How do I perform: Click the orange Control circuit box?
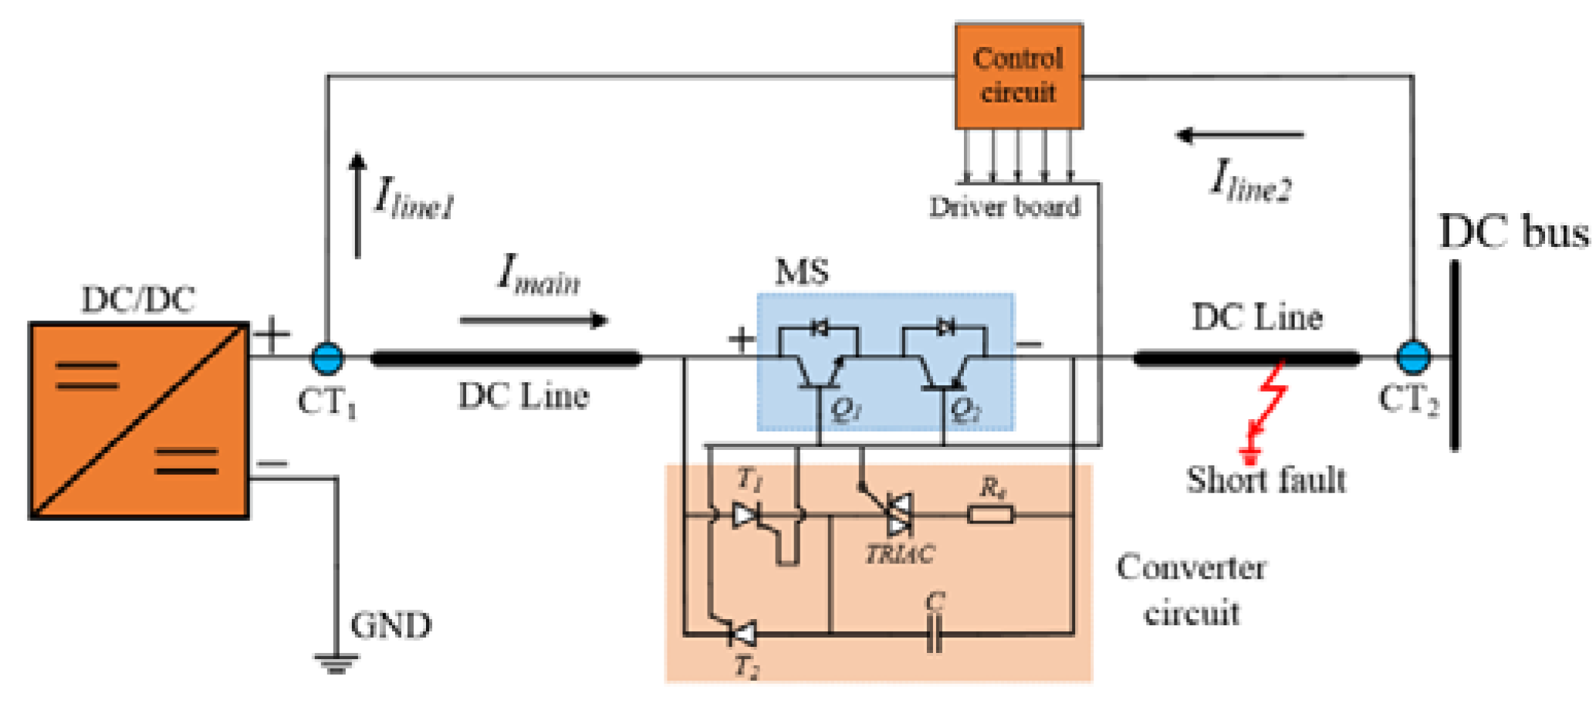pos(1018,76)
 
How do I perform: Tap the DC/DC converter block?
pos(139,421)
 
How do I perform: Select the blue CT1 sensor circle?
pos(327,358)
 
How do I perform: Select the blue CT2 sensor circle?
pos(1413,357)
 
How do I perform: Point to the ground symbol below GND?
pos(336,662)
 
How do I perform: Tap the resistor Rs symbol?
pos(990,514)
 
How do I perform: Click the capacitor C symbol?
pos(934,633)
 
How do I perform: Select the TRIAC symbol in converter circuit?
pos(898,515)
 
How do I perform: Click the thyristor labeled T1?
pos(746,515)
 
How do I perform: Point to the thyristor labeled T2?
pos(743,634)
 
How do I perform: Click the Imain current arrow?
pos(533,320)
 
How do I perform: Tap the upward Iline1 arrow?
pos(357,205)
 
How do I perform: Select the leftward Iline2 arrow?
pos(1239,136)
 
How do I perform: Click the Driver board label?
pos(1004,207)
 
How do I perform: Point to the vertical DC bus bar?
pos(1455,355)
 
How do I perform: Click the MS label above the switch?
pos(802,272)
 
